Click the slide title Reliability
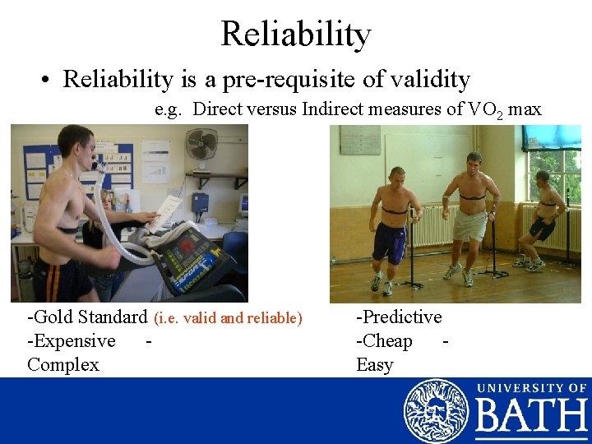tap(296, 34)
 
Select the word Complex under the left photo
tap(63, 364)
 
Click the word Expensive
tap(75, 340)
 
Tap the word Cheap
tap(387, 340)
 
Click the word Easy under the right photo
tap(375, 364)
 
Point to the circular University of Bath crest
tap(436, 411)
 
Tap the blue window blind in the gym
tap(553, 136)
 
